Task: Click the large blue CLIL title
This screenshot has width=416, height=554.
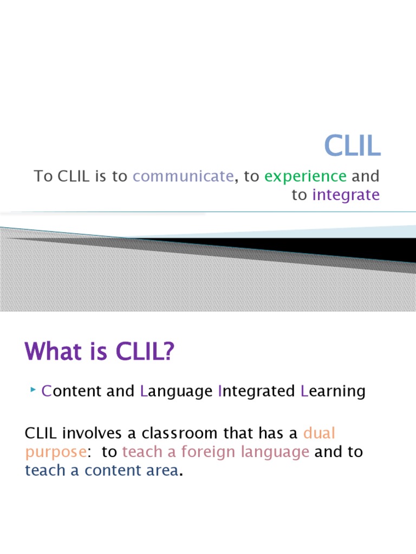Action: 352,146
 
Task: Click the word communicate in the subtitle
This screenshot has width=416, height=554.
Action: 183,176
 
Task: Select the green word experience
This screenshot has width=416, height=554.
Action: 305,176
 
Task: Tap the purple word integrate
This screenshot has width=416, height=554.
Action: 346,195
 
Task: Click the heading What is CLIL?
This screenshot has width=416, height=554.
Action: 100,354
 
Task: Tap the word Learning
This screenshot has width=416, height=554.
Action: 333,391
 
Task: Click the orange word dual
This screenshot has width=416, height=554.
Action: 320,433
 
